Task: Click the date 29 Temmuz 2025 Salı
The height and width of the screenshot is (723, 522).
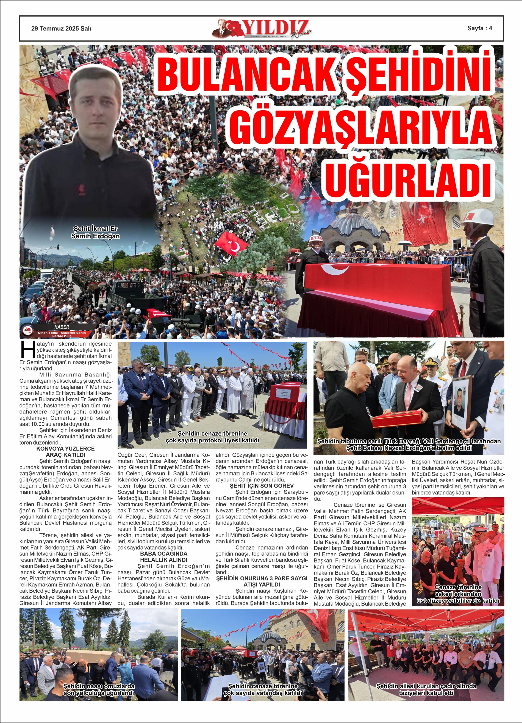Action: pos(61,28)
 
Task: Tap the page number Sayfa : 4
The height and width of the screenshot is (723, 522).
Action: pos(480,28)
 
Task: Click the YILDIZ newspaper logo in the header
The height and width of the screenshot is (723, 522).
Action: pos(262,29)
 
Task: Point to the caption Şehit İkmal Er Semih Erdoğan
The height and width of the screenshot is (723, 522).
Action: pos(95,232)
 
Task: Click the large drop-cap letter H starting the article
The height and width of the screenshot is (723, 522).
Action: pos(28,349)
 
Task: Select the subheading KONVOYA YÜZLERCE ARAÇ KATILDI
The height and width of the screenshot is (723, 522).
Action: pos(65,451)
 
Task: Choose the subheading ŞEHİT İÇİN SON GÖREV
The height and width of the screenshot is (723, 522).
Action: pos(262,485)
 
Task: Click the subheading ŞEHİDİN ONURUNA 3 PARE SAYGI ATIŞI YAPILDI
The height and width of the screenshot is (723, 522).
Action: pos(262,581)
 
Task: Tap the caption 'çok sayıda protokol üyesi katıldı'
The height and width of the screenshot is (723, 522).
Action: pos(212,437)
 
